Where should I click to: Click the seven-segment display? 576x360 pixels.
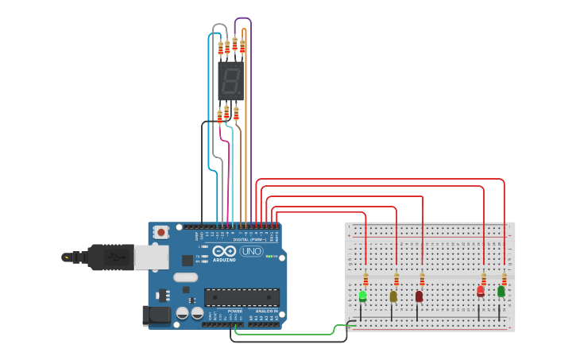(230, 81)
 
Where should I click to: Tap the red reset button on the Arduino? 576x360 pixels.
(161, 233)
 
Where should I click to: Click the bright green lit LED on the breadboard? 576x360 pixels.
(362, 296)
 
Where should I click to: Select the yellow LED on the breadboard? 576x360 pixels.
(393, 296)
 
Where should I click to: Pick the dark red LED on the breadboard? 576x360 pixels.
(419, 296)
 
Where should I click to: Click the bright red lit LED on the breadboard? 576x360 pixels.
(480, 292)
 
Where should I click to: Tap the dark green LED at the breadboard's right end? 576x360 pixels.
(501, 291)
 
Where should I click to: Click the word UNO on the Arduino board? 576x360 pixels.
(251, 251)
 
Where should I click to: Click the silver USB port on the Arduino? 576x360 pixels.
(151, 257)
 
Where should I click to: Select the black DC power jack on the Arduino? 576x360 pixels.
(155, 315)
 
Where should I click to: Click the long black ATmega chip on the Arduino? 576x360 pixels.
(242, 297)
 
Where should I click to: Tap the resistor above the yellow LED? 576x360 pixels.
(396, 279)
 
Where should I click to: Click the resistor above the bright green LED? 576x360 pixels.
(365, 279)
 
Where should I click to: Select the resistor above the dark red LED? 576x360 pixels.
(422, 279)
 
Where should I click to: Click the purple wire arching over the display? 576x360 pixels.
(243, 18)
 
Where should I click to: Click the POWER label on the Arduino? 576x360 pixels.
(235, 311)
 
